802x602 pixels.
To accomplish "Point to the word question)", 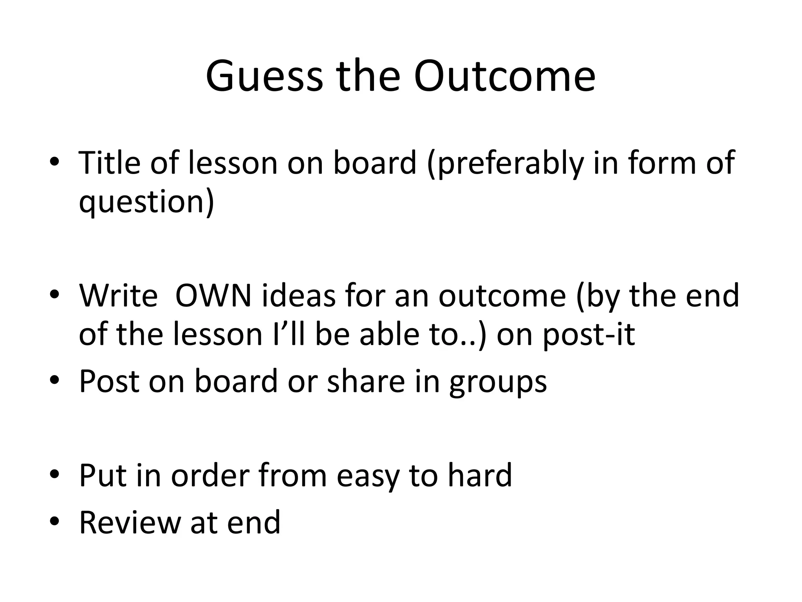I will tap(146, 203).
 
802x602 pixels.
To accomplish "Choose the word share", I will tap(366, 381).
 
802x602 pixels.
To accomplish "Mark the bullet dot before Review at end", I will tap(54, 523).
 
